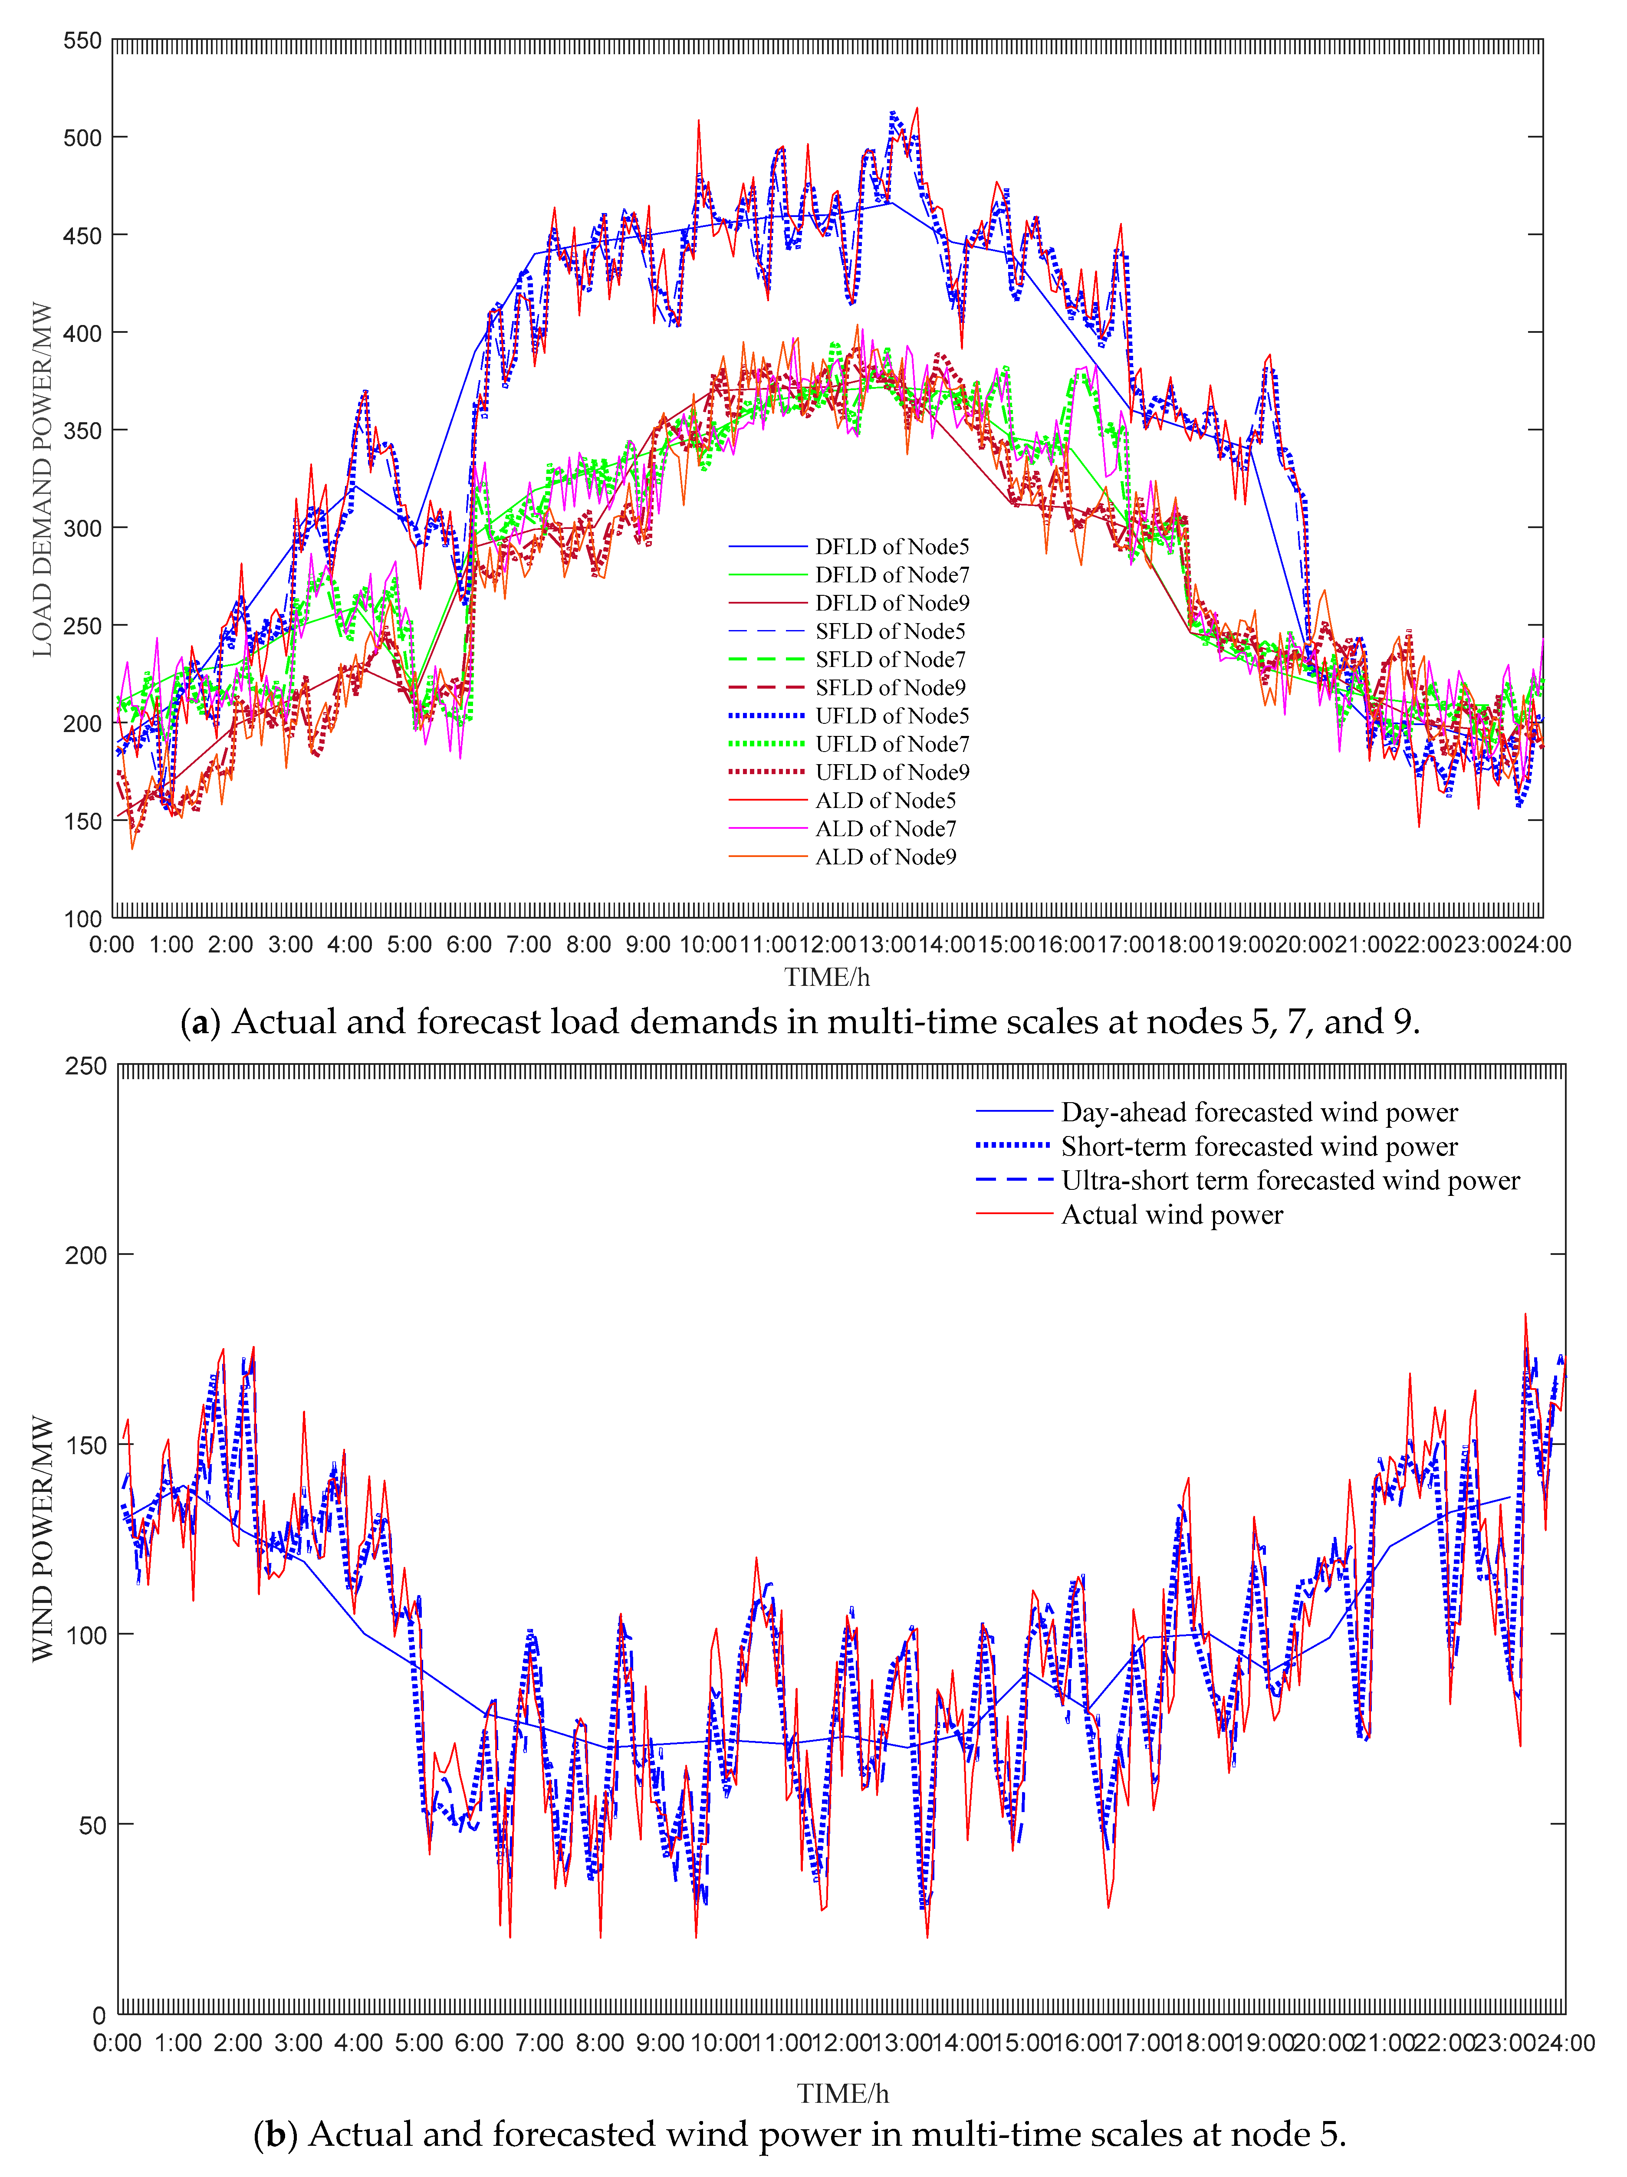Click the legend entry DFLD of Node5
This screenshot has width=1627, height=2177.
[891, 546]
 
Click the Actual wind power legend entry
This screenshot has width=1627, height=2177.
[1171, 1215]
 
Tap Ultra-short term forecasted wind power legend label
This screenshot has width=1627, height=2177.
[1289, 1180]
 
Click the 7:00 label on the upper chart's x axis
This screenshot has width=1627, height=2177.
[529, 945]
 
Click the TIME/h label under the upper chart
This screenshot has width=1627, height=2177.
[827, 977]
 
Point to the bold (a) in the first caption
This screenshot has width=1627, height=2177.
[200, 1023]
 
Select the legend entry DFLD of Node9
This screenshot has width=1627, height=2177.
[891, 603]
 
